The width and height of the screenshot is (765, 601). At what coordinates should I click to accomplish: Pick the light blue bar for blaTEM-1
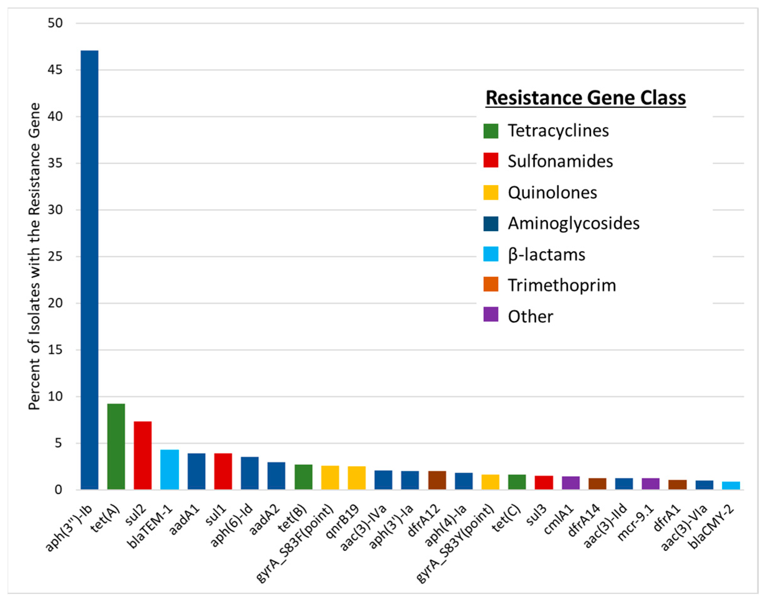click(170, 469)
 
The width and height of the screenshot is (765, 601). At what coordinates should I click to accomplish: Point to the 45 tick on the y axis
click(55, 70)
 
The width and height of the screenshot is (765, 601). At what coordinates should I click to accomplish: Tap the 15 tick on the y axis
click(55, 350)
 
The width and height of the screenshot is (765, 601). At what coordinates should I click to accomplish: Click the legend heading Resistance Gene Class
click(586, 98)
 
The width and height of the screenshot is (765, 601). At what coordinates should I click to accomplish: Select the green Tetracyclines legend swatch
click(491, 131)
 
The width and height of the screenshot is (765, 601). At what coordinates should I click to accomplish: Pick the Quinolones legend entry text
click(552, 192)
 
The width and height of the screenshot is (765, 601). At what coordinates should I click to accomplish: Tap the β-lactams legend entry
click(546, 254)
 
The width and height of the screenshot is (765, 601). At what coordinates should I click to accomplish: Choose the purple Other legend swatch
click(491, 315)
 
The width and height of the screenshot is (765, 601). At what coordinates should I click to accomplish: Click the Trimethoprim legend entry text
click(562, 285)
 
